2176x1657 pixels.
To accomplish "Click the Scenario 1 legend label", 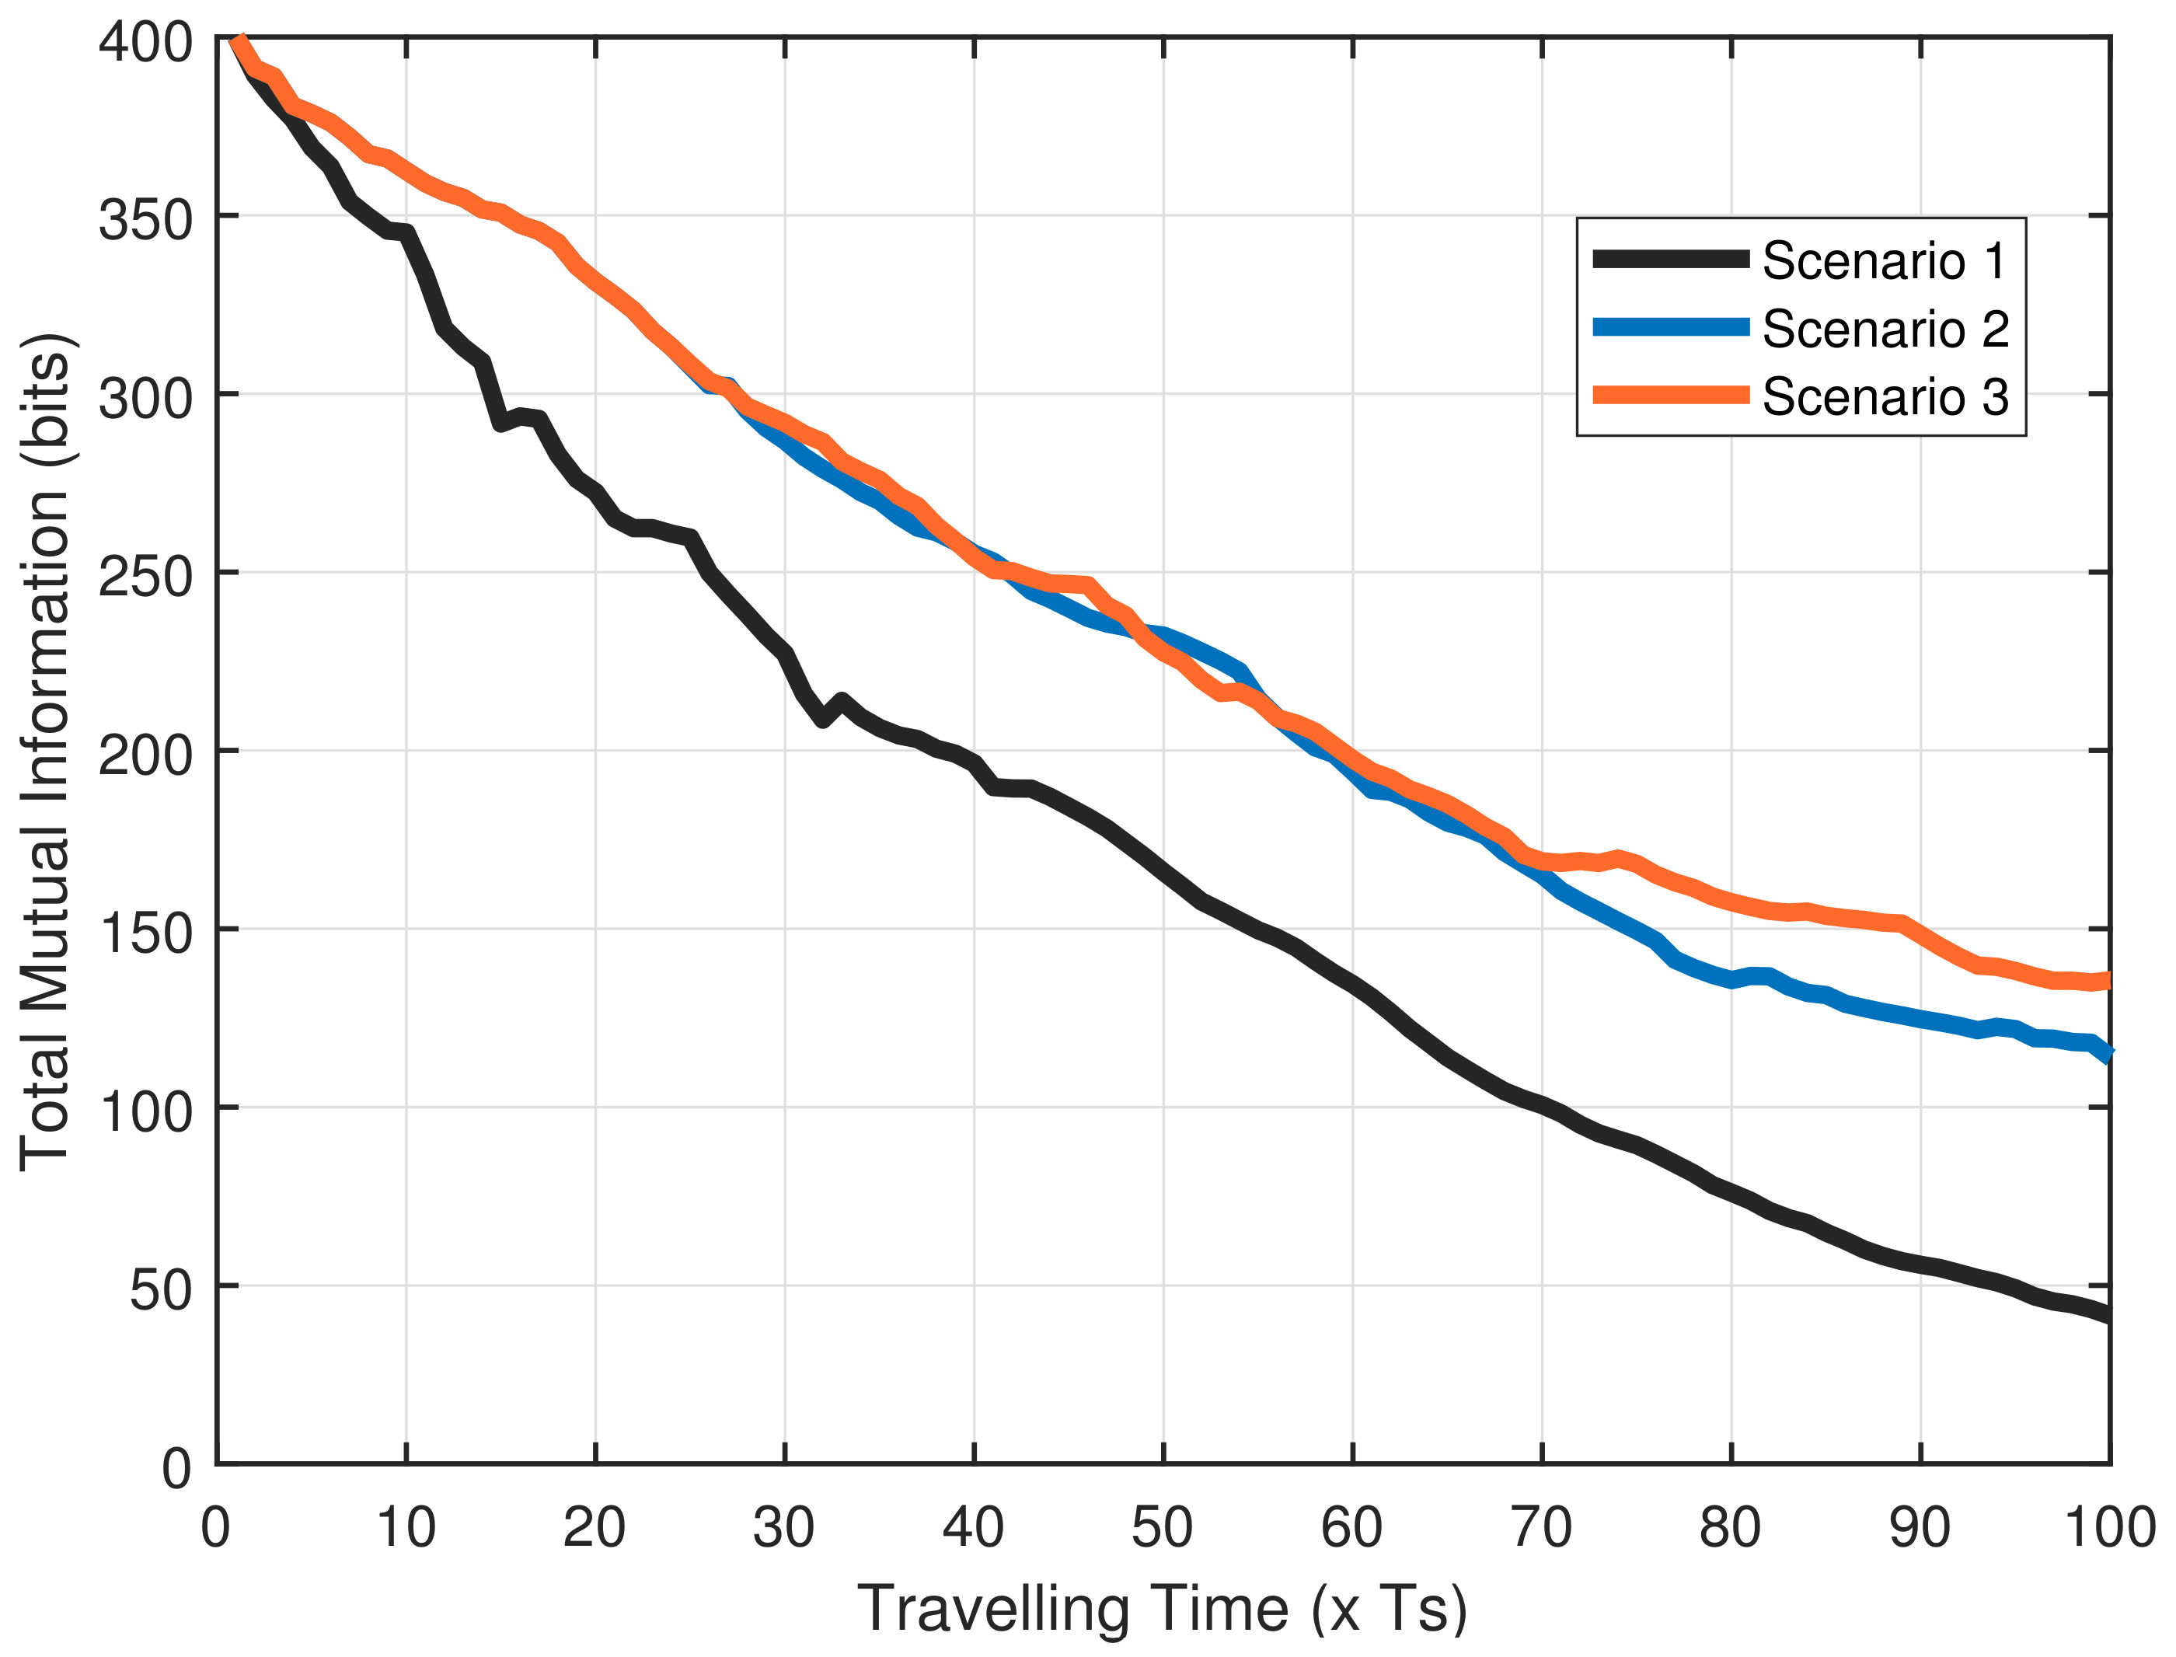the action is pyautogui.click(x=1884, y=260).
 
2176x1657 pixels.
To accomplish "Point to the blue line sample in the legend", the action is pyautogui.click(x=1671, y=327).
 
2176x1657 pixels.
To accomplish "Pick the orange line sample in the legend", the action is pyautogui.click(x=1671, y=396).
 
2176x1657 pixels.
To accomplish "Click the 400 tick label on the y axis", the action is pyautogui.click(x=145, y=44).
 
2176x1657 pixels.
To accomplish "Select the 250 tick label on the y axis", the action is pyautogui.click(x=145, y=577).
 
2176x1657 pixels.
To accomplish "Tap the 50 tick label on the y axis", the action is pyautogui.click(x=161, y=1290).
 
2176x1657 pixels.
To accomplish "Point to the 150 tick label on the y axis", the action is pyautogui.click(x=145, y=934).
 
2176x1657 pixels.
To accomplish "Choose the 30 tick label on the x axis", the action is pyautogui.click(x=784, y=1528).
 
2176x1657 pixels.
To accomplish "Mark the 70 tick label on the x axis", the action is pyautogui.click(x=1541, y=1528).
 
